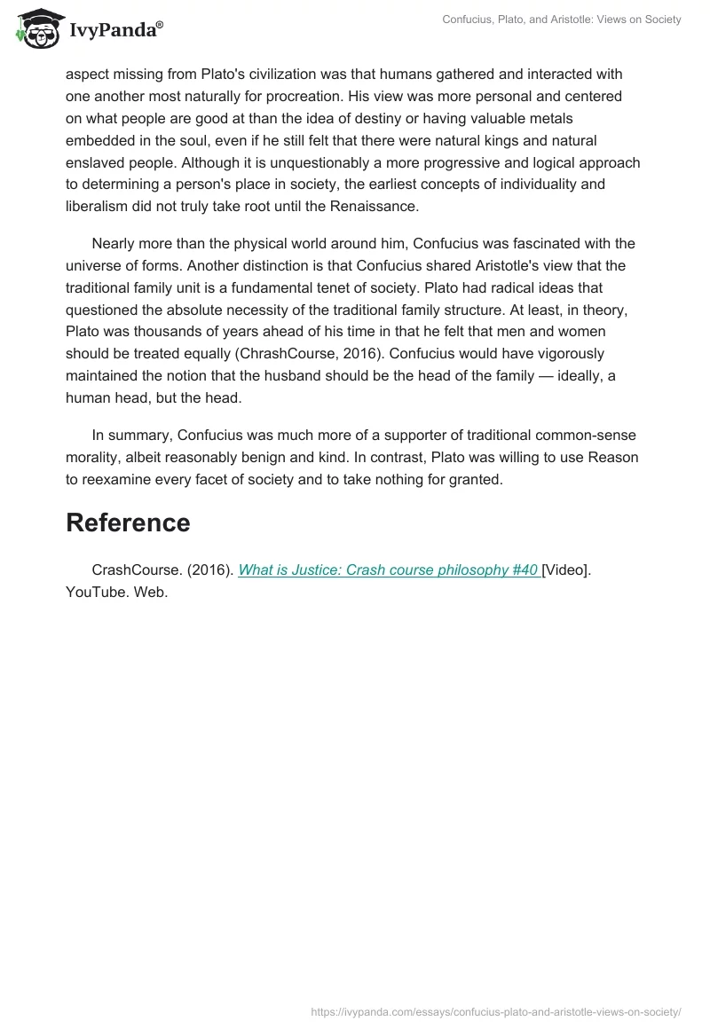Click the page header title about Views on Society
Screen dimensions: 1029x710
tap(561, 20)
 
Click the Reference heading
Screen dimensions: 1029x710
tap(128, 522)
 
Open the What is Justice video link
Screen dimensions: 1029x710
tap(387, 570)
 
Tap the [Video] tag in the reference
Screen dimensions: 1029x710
tap(564, 570)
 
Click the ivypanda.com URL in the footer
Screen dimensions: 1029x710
tap(496, 1011)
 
